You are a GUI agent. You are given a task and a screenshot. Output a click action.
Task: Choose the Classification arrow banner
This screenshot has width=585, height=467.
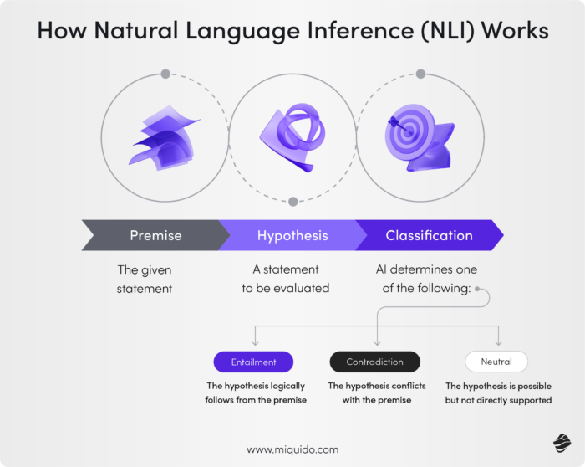click(x=429, y=235)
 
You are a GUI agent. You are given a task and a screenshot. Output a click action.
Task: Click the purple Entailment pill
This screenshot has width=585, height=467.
click(x=253, y=362)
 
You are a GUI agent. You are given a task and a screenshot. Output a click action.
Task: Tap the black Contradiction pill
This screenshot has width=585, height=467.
click(x=374, y=362)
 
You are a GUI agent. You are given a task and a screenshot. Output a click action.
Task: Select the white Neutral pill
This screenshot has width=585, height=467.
click(x=497, y=362)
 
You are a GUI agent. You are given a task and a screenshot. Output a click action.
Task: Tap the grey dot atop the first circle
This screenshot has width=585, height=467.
click(x=165, y=74)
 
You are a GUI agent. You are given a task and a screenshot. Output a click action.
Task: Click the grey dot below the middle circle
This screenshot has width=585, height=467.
click(x=292, y=202)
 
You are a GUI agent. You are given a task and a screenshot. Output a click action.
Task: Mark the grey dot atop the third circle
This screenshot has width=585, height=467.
click(x=420, y=74)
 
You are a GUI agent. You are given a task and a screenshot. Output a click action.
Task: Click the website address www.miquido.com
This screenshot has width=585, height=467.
click(x=292, y=449)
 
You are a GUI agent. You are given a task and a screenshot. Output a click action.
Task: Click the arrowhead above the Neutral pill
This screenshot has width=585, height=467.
click(x=498, y=342)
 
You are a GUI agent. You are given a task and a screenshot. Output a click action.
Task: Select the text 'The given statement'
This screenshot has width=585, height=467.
click(x=144, y=279)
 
